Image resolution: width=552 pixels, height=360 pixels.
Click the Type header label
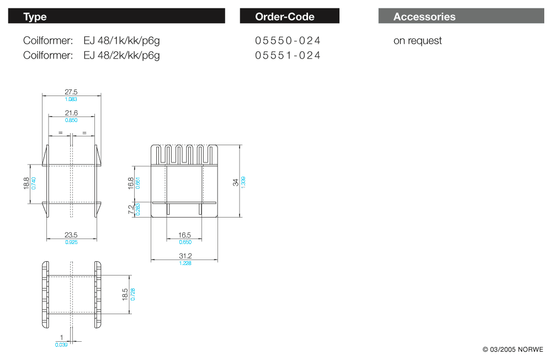(x=35, y=17)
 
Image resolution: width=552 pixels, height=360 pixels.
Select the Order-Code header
(x=285, y=17)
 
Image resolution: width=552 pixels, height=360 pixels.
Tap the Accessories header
(x=424, y=17)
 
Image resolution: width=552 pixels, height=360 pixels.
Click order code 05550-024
(x=288, y=40)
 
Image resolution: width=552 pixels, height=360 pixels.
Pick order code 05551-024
(x=288, y=55)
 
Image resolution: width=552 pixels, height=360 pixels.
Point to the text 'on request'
(x=417, y=40)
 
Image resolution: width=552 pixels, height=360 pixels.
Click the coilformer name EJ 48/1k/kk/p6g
(x=121, y=40)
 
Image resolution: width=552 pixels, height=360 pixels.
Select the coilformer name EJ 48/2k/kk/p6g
(x=121, y=55)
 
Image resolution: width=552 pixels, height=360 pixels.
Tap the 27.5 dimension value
(x=71, y=92)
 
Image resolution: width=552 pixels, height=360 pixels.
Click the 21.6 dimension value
(x=71, y=113)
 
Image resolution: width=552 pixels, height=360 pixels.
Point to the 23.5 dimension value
(x=71, y=235)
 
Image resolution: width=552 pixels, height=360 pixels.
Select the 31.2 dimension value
(x=185, y=256)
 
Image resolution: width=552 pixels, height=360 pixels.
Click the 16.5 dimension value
(x=185, y=235)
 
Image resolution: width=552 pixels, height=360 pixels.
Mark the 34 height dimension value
(x=236, y=182)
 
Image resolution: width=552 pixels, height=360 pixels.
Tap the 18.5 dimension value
(x=125, y=294)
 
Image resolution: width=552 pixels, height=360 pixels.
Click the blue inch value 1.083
(x=71, y=99)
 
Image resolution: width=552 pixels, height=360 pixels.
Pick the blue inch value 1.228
(x=185, y=263)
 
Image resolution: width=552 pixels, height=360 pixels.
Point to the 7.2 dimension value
(x=131, y=210)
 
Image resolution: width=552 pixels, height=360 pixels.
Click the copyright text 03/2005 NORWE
(x=513, y=350)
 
